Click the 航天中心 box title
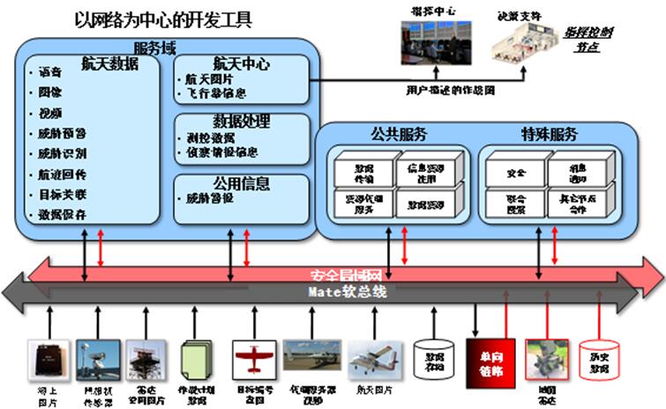pos(241,64)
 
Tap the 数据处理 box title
pos(241,122)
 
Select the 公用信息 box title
pos(241,184)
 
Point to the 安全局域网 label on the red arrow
pos(344,274)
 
